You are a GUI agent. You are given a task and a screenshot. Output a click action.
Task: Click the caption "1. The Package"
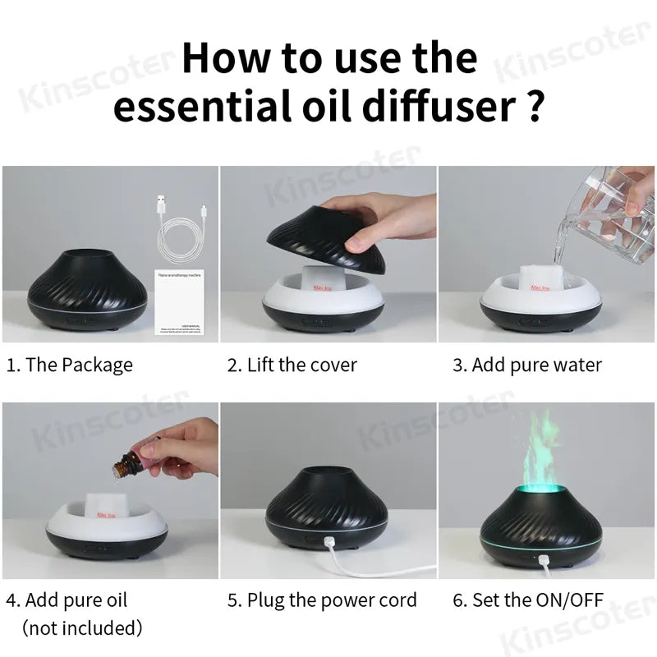point(69,365)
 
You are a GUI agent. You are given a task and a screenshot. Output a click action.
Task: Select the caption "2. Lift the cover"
point(292,365)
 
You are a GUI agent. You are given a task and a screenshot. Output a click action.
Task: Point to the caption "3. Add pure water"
point(527,365)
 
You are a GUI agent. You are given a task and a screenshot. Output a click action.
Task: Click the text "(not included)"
point(82,628)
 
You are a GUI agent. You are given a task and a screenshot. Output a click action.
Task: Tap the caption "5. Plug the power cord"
point(322,600)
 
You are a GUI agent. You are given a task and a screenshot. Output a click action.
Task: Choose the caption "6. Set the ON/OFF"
point(531,600)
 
